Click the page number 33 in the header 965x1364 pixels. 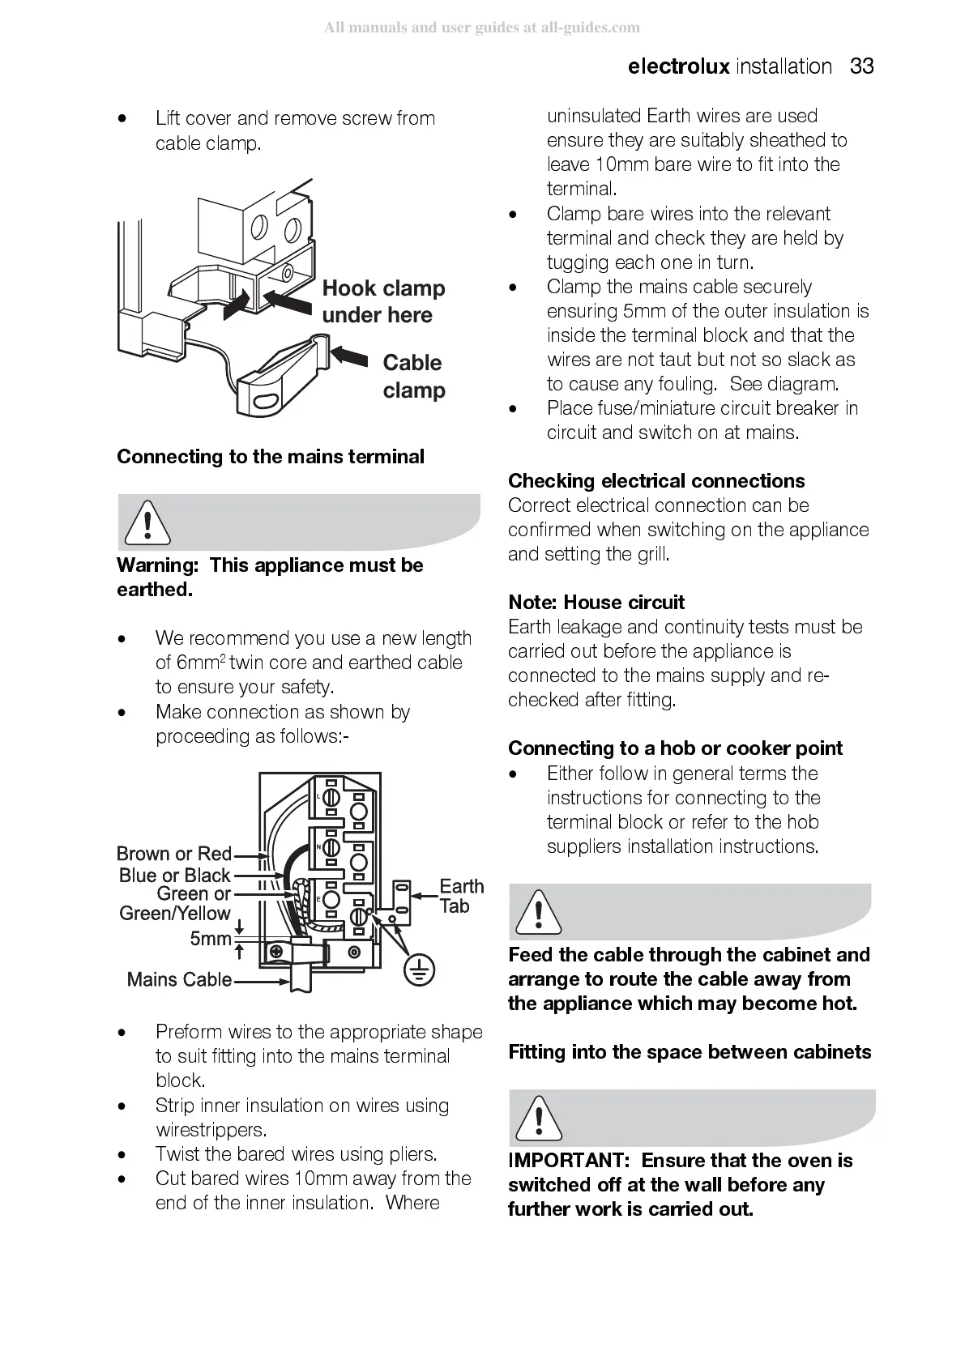(862, 66)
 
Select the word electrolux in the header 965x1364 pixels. (678, 66)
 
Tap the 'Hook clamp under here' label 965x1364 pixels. (383, 301)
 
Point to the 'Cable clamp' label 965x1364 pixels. (413, 376)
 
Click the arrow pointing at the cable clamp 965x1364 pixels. (349, 355)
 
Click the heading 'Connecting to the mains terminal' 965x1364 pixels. (270, 457)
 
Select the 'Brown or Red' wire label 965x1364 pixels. (174, 854)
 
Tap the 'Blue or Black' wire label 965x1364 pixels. (174, 875)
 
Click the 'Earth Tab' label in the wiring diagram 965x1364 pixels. (461, 896)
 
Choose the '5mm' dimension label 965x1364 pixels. (211, 938)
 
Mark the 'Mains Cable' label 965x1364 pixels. (179, 979)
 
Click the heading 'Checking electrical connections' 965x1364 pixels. (656, 481)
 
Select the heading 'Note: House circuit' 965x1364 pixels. (596, 603)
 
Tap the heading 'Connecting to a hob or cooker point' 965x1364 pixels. (675, 748)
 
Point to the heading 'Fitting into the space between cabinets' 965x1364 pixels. (690, 1052)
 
